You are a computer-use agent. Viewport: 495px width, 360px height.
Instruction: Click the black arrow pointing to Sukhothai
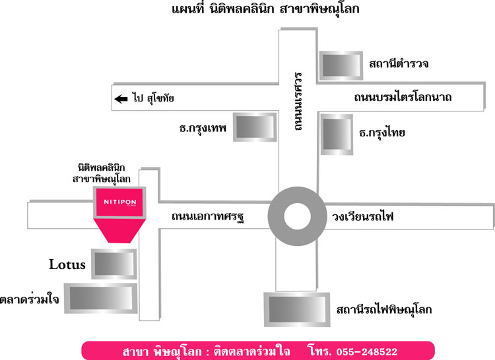click(x=121, y=99)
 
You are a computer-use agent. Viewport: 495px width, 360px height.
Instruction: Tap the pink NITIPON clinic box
click(x=119, y=202)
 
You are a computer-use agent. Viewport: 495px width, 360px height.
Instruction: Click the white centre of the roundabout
click(x=297, y=216)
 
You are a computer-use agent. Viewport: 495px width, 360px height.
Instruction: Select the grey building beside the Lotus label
click(x=114, y=264)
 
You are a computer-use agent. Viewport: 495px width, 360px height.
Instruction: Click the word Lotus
click(x=67, y=264)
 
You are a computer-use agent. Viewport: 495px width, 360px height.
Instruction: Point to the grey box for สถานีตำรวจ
click(x=341, y=65)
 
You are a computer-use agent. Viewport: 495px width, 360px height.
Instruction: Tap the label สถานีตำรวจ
click(x=399, y=64)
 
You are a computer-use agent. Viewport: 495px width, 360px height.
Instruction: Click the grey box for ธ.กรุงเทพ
click(x=255, y=127)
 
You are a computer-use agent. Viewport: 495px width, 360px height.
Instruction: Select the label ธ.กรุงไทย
click(x=382, y=133)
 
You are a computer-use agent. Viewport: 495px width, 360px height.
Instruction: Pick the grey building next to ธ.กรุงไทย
click(x=337, y=135)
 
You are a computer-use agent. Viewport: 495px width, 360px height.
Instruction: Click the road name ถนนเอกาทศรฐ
click(x=208, y=217)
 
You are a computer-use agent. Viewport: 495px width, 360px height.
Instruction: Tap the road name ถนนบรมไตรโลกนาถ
click(x=403, y=97)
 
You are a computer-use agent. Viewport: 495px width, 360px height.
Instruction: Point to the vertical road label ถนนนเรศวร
click(x=298, y=101)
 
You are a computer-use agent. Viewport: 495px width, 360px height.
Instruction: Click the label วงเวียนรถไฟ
click(x=363, y=217)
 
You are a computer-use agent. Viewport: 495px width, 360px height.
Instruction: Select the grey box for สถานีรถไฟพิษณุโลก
click(x=297, y=310)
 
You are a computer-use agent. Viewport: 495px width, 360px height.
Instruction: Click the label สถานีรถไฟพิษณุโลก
click(x=384, y=310)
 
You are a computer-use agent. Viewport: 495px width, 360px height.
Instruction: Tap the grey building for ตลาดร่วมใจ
click(x=101, y=298)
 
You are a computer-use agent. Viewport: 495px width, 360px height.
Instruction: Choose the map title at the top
click(x=265, y=9)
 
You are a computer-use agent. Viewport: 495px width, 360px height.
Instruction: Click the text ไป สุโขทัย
click(x=153, y=98)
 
